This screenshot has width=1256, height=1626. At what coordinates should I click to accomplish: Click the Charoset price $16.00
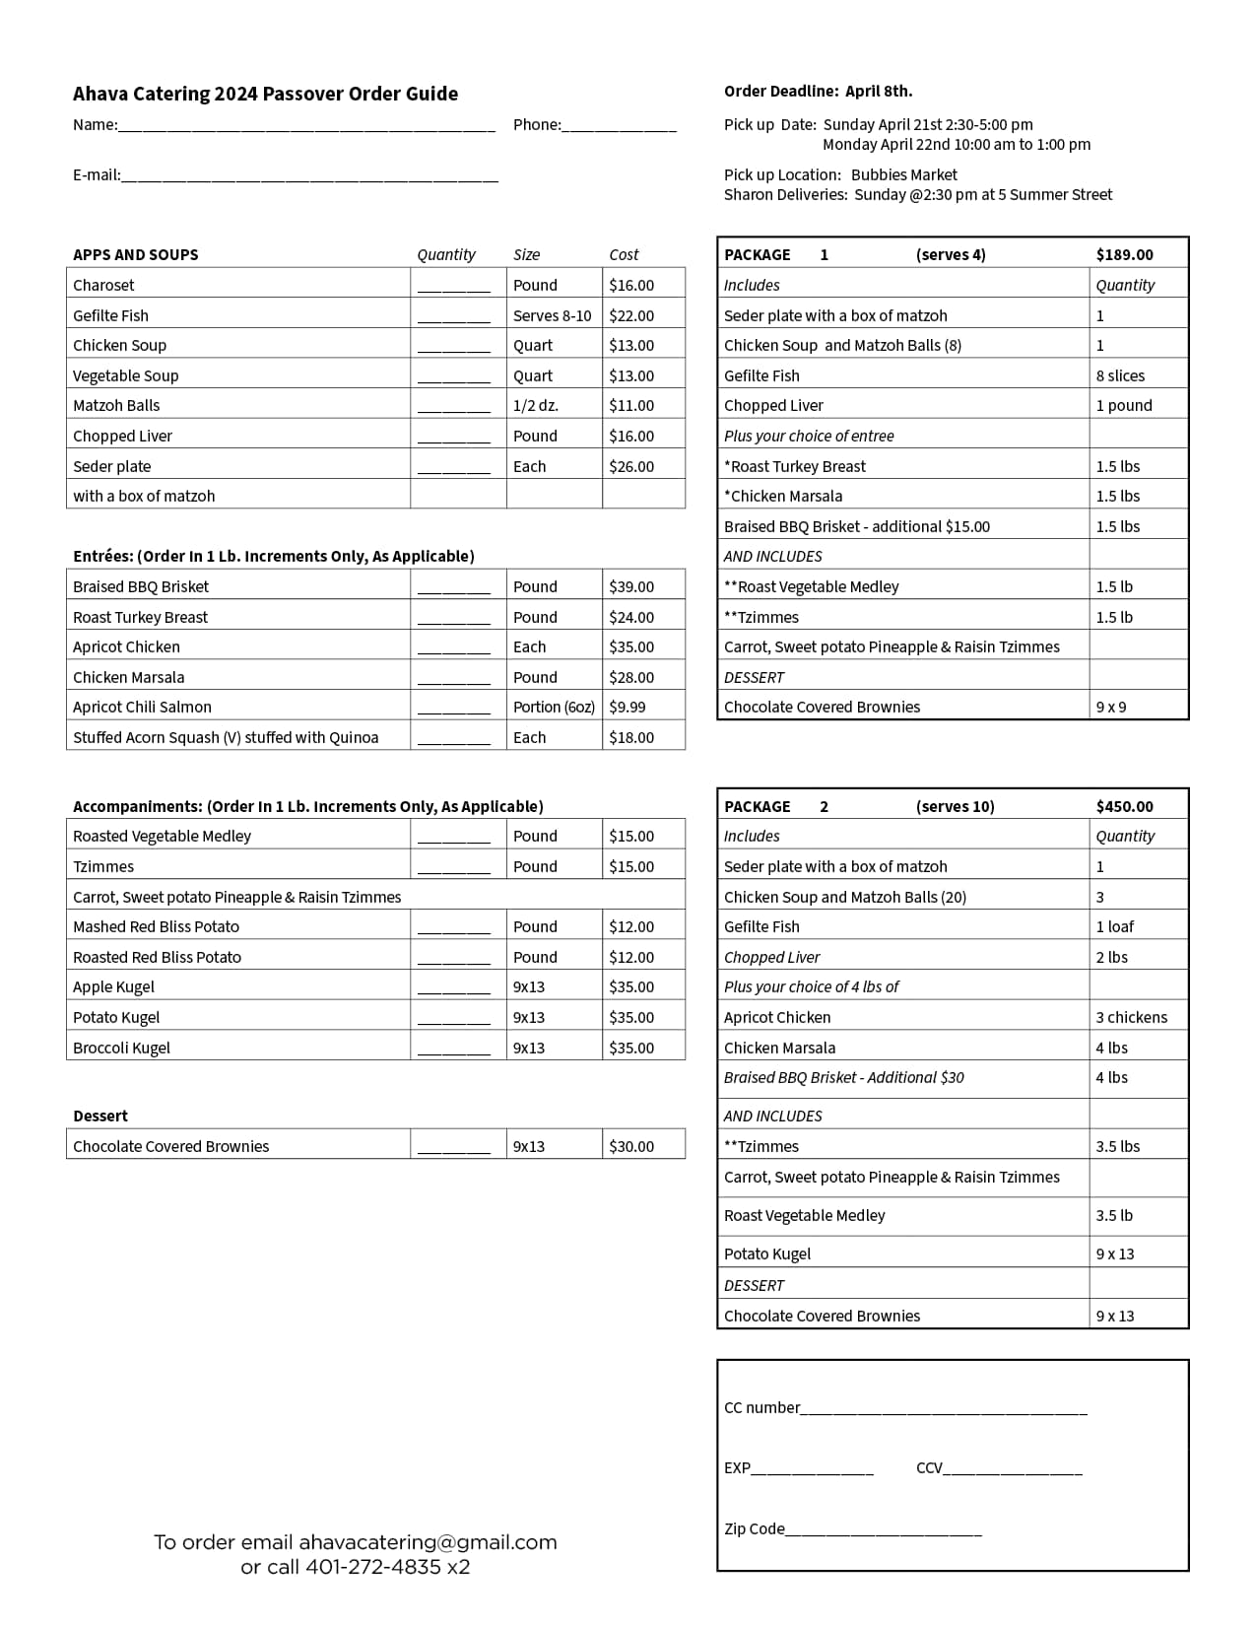tap(631, 285)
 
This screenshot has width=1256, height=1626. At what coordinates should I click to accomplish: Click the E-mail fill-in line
tap(309, 178)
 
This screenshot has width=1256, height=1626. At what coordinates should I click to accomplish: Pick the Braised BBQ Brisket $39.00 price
tap(631, 586)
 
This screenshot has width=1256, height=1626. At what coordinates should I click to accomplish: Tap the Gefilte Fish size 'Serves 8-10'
tap(553, 315)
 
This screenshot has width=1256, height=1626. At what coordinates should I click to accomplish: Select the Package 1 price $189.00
tap(1124, 254)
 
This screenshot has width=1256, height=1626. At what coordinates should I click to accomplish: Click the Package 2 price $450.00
tap(1124, 806)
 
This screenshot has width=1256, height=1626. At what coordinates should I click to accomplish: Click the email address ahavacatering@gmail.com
tap(428, 1542)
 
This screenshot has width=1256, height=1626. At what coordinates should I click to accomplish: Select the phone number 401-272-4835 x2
tap(387, 1567)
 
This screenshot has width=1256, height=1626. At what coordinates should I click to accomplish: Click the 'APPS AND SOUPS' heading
tap(136, 254)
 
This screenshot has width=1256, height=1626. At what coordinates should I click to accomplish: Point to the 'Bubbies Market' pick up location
tap(903, 174)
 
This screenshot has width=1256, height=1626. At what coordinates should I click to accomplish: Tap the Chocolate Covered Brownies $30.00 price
tap(631, 1146)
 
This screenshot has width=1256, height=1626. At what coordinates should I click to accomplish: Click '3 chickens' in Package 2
tap(1131, 1017)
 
